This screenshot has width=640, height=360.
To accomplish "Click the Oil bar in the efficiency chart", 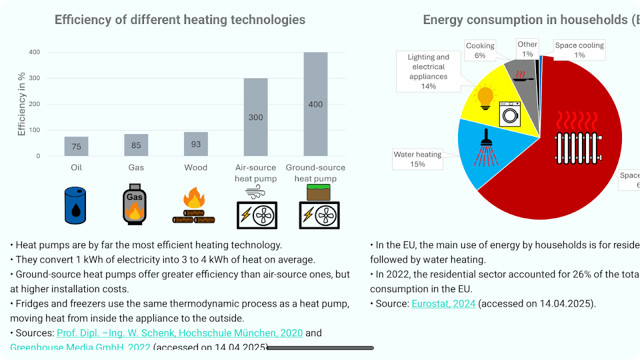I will (x=76, y=146).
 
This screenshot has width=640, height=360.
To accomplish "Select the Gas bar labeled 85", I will (x=136, y=145).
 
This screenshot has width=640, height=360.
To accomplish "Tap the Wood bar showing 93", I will (x=196, y=144).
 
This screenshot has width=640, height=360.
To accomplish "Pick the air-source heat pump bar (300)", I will (x=255, y=117).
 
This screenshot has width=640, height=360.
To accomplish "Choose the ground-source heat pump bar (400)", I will (x=315, y=104).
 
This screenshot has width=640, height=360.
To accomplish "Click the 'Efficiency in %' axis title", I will (x=21, y=104).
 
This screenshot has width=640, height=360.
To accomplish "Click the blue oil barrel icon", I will (x=75, y=205).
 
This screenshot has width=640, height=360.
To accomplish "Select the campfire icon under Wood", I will (x=194, y=206).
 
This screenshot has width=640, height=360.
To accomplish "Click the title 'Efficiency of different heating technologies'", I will (x=180, y=20).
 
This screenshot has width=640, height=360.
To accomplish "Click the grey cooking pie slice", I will (x=522, y=80).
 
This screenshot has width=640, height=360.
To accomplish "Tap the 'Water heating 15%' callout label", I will (x=417, y=159).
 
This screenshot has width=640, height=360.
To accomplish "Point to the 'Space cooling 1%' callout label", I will (x=579, y=50).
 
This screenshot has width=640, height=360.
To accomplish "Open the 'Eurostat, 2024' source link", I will (x=443, y=303).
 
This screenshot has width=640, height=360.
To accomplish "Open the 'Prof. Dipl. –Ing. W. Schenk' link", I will (x=180, y=333).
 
